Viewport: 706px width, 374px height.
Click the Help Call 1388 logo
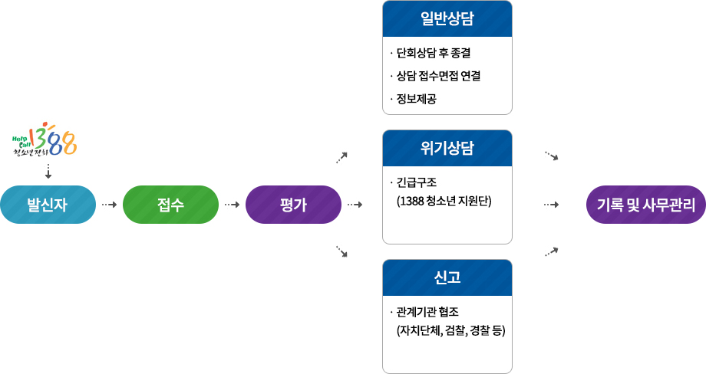point(45,139)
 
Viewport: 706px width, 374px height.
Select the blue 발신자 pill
point(48,205)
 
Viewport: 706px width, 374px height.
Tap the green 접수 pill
point(170,205)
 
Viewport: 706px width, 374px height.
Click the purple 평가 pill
point(294,205)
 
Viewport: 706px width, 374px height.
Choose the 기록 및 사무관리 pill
point(646,205)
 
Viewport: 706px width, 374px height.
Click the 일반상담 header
point(447,18)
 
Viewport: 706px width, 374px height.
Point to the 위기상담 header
point(447,148)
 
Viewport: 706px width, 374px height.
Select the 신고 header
point(447,277)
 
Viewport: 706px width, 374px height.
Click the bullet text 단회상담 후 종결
point(434,53)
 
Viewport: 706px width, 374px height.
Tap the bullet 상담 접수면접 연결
point(438,76)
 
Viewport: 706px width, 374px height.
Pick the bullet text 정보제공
point(417,99)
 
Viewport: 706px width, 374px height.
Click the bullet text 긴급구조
point(417,182)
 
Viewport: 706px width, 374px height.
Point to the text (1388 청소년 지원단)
point(444,201)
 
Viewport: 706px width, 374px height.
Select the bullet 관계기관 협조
point(427,312)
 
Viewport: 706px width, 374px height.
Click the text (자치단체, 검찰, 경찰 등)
point(450,331)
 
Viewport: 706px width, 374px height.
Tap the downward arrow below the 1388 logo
point(48,171)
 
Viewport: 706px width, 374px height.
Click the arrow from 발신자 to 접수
point(110,205)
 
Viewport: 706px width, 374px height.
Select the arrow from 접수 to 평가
point(233,205)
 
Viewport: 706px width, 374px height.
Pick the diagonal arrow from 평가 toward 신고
point(341,251)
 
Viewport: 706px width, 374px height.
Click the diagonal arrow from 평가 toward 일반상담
point(341,158)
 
